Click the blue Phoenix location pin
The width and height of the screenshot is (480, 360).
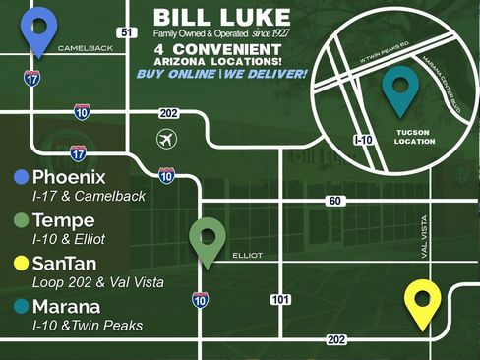coord(39,30)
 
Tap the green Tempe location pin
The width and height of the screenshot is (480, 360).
coord(207,240)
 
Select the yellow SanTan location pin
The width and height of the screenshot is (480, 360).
coord(423,301)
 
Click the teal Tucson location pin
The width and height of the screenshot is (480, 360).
coord(399,88)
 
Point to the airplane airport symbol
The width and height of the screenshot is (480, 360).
coord(166,137)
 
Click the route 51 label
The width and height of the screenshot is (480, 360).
coord(125,32)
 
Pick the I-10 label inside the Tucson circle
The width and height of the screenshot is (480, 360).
coord(362,141)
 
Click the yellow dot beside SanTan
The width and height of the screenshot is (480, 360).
coord(22,265)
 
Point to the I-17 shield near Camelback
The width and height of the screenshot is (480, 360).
coord(32,77)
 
